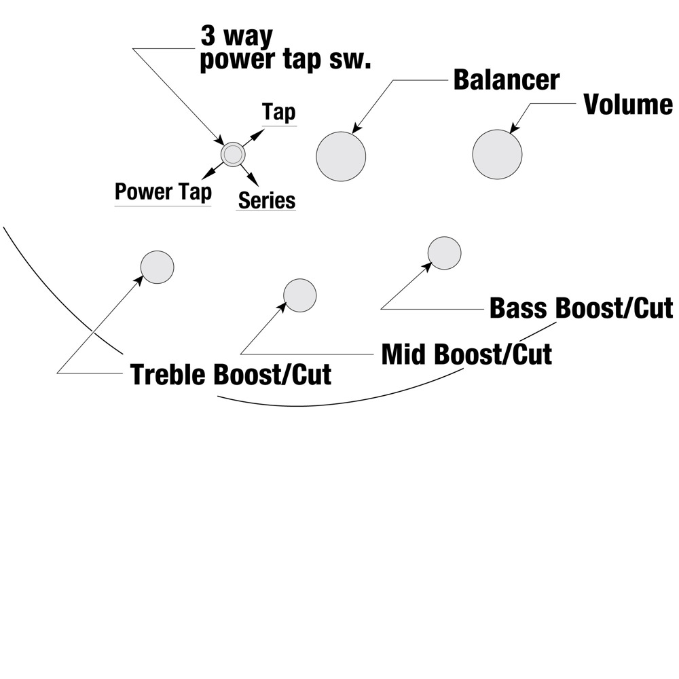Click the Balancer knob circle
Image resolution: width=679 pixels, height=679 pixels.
(341, 156)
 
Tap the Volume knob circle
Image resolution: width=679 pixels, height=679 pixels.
(497, 154)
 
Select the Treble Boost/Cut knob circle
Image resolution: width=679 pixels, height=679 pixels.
(157, 267)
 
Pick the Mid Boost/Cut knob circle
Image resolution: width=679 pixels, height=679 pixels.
(299, 295)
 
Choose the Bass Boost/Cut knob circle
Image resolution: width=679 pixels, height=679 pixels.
(444, 253)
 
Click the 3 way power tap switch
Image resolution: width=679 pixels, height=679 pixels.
(232, 155)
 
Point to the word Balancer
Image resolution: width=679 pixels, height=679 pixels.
(507, 79)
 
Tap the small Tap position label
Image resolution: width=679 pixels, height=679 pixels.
(279, 112)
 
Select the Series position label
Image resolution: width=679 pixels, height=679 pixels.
(267, 201)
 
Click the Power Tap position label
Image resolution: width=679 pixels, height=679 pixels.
(163, 192)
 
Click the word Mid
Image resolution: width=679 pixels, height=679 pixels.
(405, 354)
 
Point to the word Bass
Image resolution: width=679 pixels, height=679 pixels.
(519, 308)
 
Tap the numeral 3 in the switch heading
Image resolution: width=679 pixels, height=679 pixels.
(208, 36)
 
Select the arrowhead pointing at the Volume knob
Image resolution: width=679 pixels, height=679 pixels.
(514, 127)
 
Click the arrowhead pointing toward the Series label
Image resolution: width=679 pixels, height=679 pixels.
(254, 181)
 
